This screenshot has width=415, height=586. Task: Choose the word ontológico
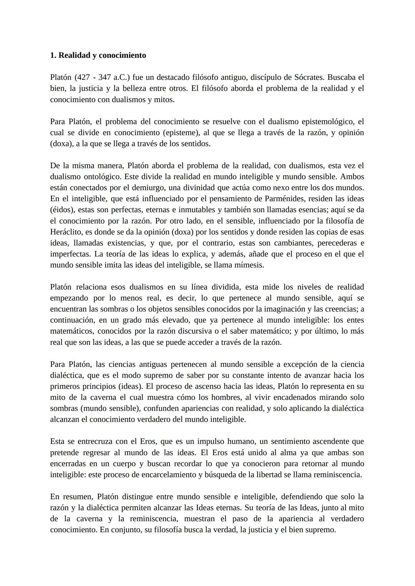pyautogui.click(x=100, y=177)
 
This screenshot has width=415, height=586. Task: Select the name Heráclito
pyautogui.click(x=67, y=232)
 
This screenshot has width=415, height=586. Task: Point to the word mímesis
pyautogui.click(x=249, y=265)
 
